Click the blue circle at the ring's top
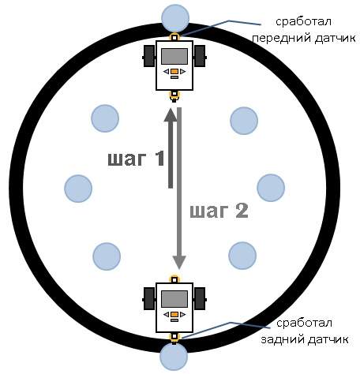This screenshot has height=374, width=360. (175, 18)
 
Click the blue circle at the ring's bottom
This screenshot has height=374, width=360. (174, 357)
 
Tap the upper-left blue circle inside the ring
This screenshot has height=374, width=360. (105, 118)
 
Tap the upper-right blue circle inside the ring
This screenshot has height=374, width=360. (244, 121)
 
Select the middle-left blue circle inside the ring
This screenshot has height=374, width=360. (78, 189)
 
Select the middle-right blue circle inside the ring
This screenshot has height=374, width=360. (271, 188)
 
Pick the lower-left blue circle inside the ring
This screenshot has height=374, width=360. (107, 256)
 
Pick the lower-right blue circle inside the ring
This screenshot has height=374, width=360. (242, 256)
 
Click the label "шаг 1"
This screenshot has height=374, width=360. (137, 159)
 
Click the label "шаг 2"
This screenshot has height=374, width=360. (219, 211)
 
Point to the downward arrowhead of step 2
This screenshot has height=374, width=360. (179, 263)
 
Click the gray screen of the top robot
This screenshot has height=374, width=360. (174, 56)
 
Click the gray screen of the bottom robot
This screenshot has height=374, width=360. (174, 299)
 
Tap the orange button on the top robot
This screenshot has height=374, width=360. (174, 71)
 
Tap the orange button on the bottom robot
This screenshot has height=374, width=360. (174, 314)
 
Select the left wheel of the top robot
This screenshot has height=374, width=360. (149, 56)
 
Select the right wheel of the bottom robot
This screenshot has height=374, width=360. (200, 298)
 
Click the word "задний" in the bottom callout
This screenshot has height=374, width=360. (283, 339)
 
